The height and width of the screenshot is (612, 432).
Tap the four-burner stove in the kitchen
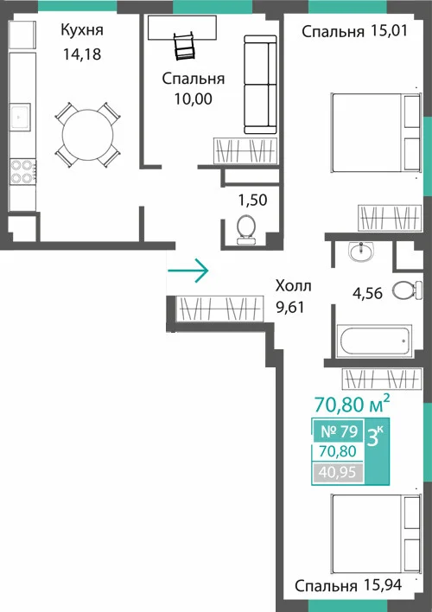point(22,172)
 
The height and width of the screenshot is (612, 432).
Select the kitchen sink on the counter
point(20,115)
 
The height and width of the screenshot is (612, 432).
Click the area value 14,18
point(82,54)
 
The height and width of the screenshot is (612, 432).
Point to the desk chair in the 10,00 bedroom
point(184,47)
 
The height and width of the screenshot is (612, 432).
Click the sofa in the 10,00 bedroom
point(260,85)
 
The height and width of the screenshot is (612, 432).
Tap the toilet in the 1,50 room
point(246,230)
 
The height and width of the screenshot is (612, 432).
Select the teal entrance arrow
point(188,270)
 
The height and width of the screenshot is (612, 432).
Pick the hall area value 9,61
point(290,307)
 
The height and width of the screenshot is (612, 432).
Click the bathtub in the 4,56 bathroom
point(374,341)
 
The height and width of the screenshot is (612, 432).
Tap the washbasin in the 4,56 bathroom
point(361,252)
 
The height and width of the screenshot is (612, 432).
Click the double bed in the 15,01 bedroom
point(376,132)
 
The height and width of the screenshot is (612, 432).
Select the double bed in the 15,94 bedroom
point(376,533)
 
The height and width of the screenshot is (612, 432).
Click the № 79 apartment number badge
point(339,431)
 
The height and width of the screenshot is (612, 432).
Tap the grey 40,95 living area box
point(338,472)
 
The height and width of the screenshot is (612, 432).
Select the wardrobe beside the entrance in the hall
point(219,309)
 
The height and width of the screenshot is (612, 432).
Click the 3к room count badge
point(376,437)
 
